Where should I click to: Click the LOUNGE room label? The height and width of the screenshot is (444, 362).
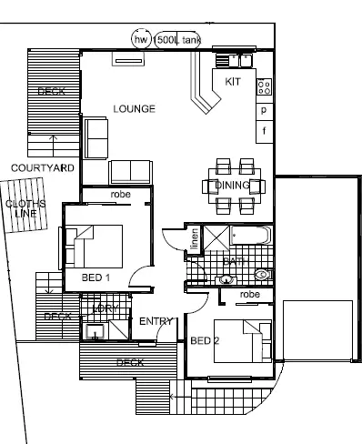(134, 109)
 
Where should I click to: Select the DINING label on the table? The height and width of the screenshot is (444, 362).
(232, 186)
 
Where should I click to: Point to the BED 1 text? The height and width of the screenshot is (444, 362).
(96, 277)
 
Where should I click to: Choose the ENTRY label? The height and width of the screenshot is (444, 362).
(155, 321)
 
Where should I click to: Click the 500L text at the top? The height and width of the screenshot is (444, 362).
(167, 40)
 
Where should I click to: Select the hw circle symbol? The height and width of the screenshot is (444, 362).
(141, 40)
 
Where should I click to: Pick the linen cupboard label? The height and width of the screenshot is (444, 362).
(194, 241)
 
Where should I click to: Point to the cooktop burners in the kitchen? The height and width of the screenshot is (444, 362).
(265, 87)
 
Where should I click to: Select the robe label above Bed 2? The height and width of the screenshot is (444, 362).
(250, 295)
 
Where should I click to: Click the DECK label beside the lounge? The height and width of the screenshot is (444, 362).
(51, 92)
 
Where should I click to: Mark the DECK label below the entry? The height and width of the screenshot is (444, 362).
(130, 362)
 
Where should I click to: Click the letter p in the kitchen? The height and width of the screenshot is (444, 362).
(264, 110)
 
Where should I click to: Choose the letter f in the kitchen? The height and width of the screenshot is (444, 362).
(264, 130)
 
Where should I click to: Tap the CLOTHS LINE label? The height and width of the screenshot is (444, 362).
(21, 208)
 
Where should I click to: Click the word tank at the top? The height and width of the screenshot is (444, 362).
(192, 40)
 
